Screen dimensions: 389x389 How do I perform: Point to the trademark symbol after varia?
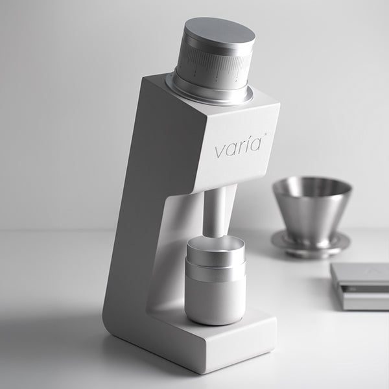click(265, 136)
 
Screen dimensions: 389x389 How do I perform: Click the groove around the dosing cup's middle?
click(215, 266)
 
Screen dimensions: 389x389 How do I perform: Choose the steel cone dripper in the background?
click(312, 207)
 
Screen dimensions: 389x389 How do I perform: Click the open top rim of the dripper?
click(312, 184)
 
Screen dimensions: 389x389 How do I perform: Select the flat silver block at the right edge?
click(360, 285)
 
